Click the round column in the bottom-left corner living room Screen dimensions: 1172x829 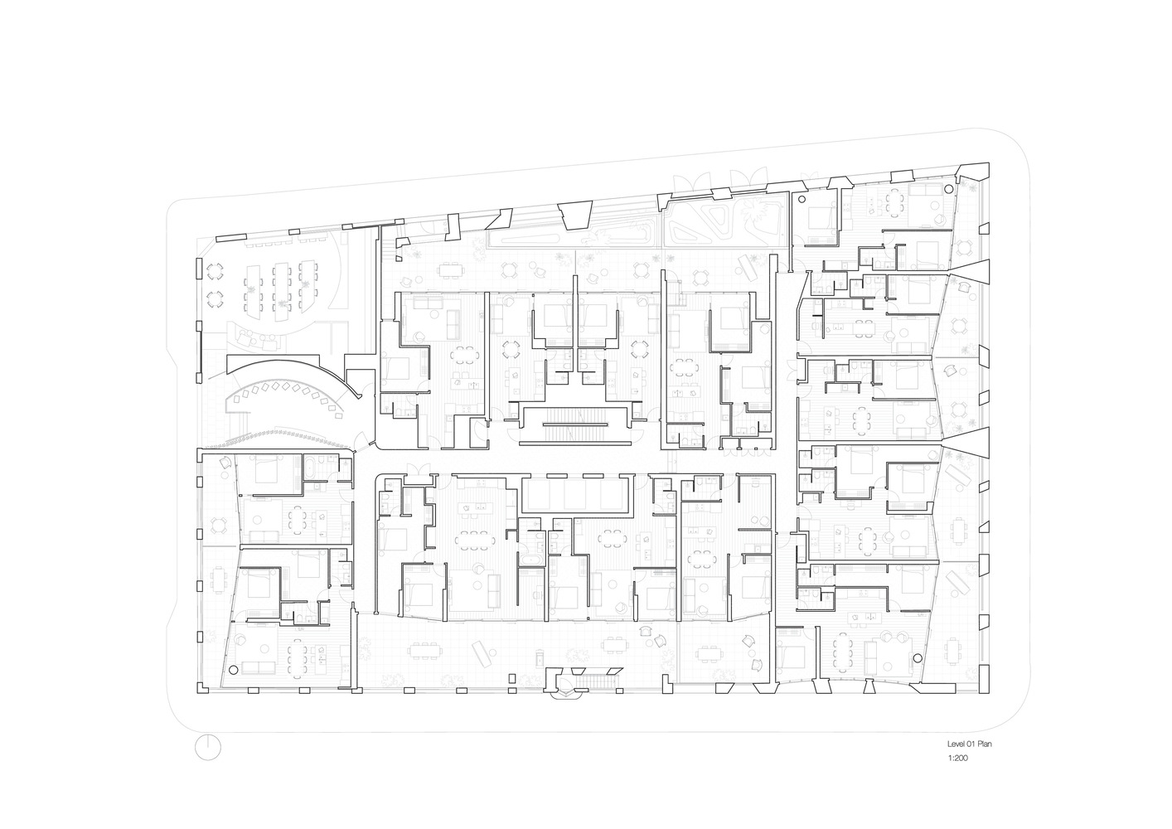(x=234, y=669)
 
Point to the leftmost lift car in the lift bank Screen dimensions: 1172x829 (x=544, y=495)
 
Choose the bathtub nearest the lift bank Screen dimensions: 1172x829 (x=532, y=560)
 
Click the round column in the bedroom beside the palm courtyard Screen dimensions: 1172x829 (x=801, y=199)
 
